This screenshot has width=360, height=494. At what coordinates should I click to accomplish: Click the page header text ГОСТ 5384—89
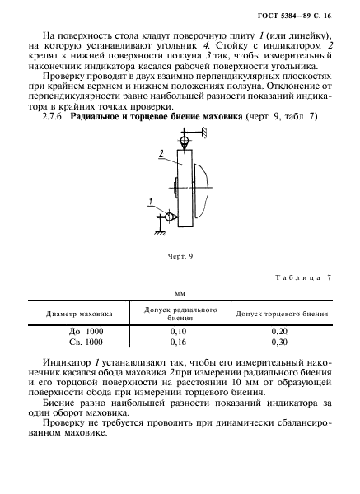click(292, 16)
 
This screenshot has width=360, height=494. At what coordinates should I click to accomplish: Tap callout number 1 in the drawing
click(151, 201)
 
